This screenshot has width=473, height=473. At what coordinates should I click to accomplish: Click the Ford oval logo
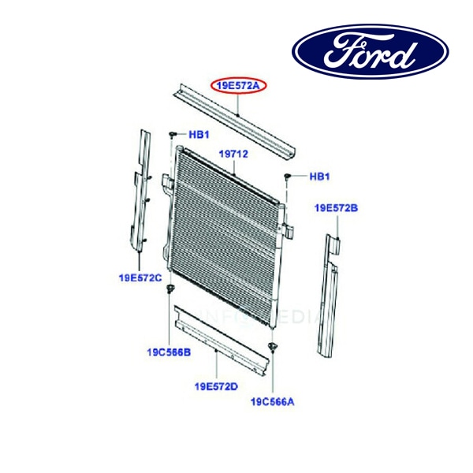pos(371,51)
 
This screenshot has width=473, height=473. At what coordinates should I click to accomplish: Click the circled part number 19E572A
pos(238,86)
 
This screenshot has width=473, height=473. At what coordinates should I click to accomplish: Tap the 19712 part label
pos(233,155)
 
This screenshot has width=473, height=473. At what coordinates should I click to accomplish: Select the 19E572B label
pos(336,208)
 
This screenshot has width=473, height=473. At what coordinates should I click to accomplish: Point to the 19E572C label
pos(140,277)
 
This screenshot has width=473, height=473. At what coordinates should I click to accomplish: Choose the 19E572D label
pos(216,386)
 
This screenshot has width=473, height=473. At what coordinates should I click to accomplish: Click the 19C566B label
pos(169,352)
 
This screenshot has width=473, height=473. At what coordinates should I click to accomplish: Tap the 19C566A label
pos(273,402)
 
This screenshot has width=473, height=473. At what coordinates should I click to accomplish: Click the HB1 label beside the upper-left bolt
pos(199,135)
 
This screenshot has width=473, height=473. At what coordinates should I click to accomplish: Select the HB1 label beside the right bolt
pos(320,177)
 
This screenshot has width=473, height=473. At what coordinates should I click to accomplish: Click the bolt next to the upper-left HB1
pos(172,135)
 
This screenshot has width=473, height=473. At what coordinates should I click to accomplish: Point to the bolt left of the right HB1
pos(287,177)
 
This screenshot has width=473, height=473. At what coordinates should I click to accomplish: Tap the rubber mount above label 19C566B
pos(169,289)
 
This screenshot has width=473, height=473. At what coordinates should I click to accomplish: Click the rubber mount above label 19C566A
pos(273,347)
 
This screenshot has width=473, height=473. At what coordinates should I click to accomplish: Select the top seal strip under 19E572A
pos(234,121)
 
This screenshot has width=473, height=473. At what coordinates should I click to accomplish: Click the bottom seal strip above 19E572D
pos(222,341)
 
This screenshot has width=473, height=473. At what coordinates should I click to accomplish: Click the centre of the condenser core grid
pos(225,237)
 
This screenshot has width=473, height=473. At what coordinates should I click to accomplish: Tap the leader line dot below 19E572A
pos(238,115)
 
